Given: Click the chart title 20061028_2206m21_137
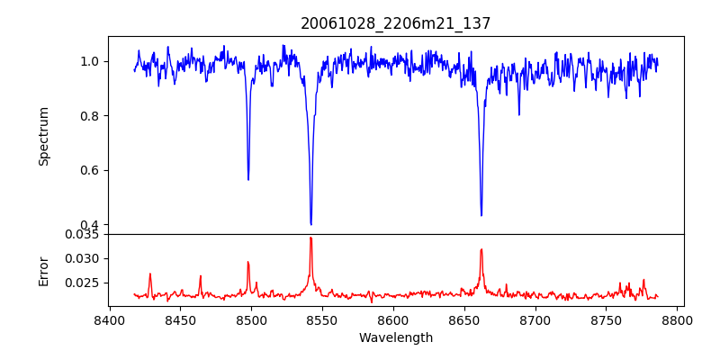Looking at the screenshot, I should point(395,23).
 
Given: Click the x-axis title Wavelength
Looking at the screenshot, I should point(395,338).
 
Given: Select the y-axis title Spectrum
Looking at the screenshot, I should point(43,136).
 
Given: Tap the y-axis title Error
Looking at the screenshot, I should point(43,271).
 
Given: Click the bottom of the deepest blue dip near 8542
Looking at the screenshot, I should point(310,224).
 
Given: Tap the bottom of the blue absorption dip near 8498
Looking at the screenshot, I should point(248,179).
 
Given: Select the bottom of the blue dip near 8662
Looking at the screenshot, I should point(481,215).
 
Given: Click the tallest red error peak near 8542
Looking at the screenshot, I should point(310,238).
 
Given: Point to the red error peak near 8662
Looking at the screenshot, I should point(481,249).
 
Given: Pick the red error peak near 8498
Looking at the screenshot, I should point(248,262).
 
